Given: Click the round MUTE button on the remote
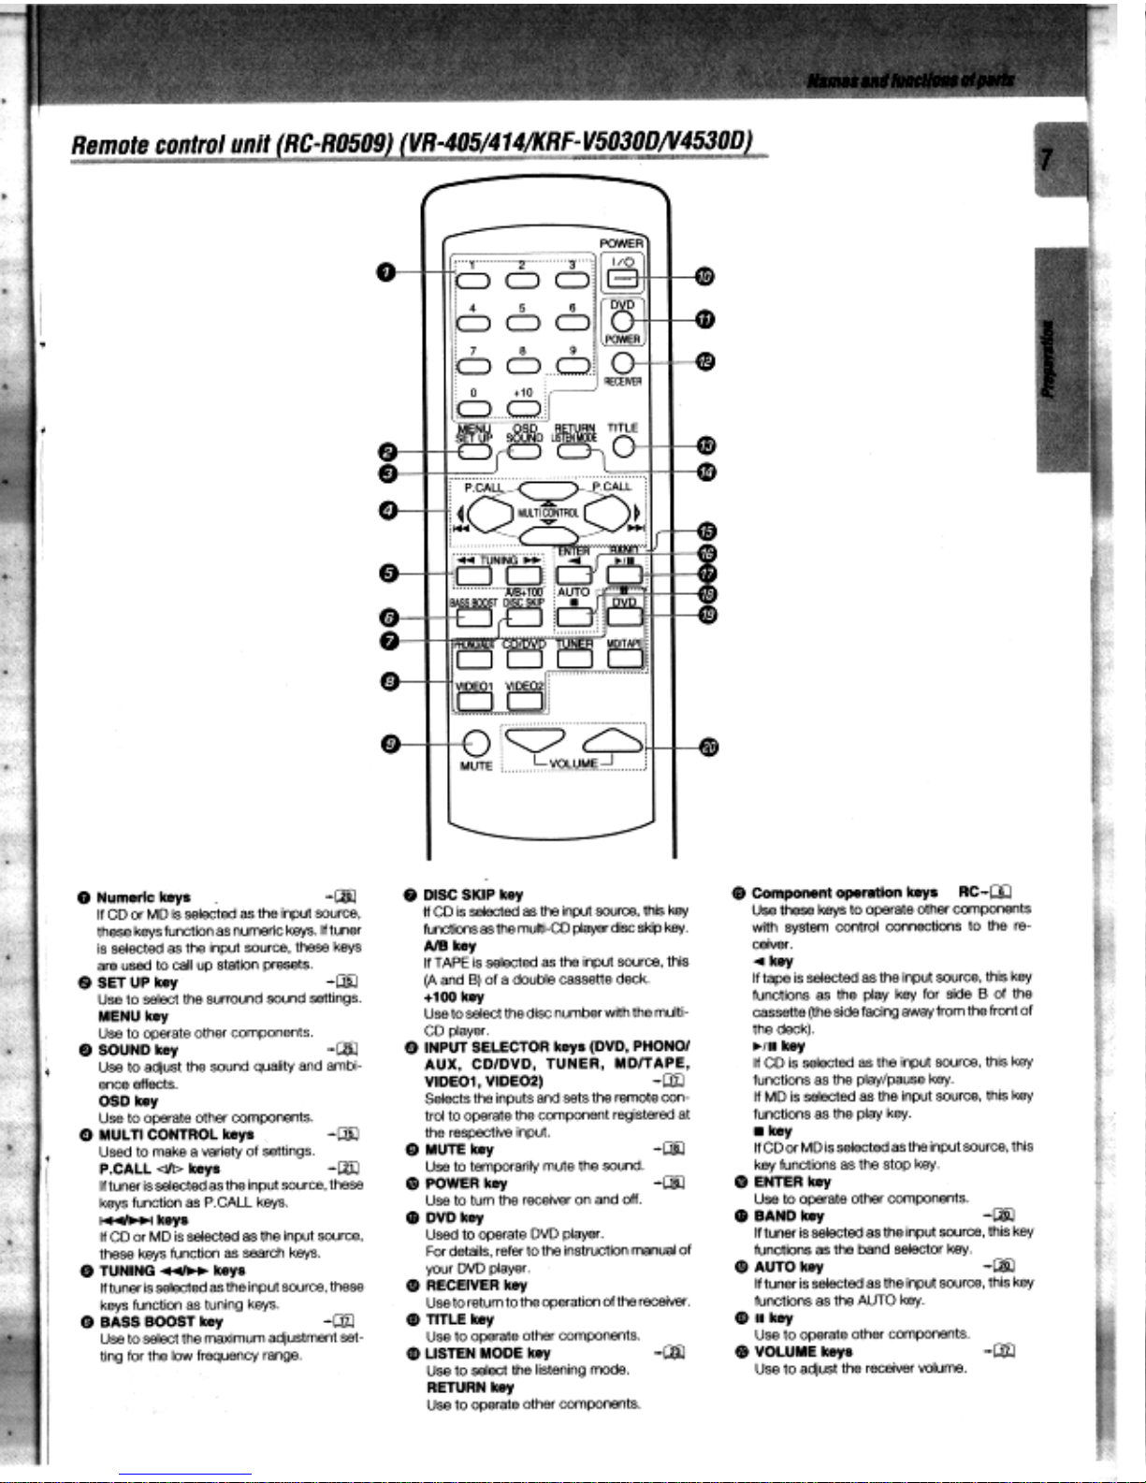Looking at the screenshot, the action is [x=476, y=744].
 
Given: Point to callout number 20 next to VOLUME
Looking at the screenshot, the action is [x=709, y=747].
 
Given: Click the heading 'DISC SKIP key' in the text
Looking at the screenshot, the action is [x=472, y=894].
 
